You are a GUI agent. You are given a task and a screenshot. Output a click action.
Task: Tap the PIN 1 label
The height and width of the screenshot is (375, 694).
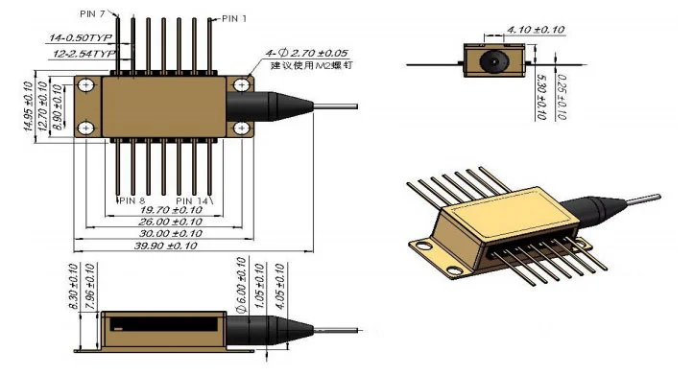point(234,18)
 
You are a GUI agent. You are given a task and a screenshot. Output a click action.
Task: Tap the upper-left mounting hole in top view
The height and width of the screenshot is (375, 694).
point(86,86)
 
